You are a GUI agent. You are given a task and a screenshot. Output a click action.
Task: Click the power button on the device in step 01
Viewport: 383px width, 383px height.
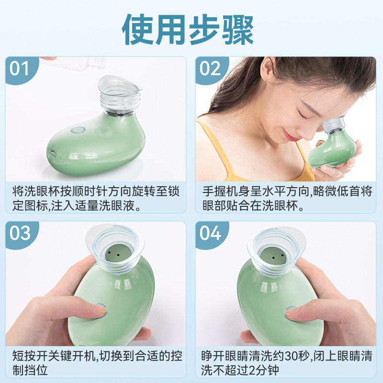coord(78,130)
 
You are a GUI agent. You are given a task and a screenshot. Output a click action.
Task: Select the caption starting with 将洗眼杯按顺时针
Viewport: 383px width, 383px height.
coord(96,198)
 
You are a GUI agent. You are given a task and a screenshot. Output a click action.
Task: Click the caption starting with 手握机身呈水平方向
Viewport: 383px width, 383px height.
coord(285,198)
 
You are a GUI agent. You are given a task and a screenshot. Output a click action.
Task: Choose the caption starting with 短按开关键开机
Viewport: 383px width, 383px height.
coord(96,362)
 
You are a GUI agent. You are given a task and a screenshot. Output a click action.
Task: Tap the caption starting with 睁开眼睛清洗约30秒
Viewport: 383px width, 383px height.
coord(285,362)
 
